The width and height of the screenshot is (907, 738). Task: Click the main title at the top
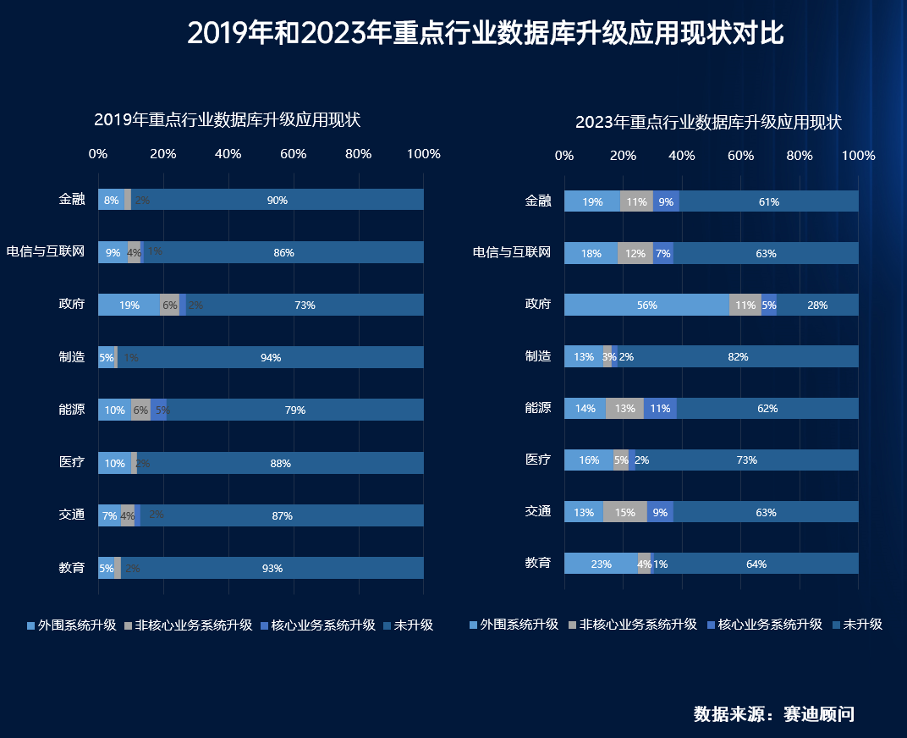coord(485,34)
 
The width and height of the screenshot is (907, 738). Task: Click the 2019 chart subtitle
coord(227,120)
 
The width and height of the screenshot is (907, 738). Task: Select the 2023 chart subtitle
coord(708,122)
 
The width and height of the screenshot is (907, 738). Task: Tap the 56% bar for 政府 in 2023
coord(646,305)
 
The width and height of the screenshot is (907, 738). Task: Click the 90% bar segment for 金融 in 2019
coord(277,200)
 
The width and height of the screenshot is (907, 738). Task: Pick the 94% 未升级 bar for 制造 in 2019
coord(270,357)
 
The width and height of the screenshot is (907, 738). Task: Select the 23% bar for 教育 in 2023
coord(601,564)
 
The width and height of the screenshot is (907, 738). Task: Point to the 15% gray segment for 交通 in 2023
coord(625,512)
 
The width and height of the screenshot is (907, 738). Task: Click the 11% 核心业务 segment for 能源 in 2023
coord(660,408)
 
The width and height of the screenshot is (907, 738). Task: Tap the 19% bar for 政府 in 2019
coord(129,305)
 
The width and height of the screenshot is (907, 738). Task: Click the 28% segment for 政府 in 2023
coord(817,305)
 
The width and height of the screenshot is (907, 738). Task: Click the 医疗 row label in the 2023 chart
coord(538,460)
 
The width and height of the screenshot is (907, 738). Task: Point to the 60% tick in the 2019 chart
coord(294,154)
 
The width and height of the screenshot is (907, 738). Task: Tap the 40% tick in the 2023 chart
coord(682,156)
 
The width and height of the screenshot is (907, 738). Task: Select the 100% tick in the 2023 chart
coord(859,156)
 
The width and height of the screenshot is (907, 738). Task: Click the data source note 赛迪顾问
coord(773,714)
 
